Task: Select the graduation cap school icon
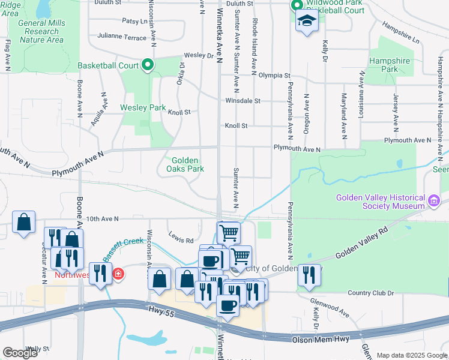coord(307,22)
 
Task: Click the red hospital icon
coord(118,274)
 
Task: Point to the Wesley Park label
coord(143,108)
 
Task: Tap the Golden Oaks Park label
coord(188,164)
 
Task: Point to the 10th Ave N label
coord(103,219)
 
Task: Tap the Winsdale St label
coord(243,101)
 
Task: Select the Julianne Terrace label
coord(121,37)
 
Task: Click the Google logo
coord(20,352)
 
